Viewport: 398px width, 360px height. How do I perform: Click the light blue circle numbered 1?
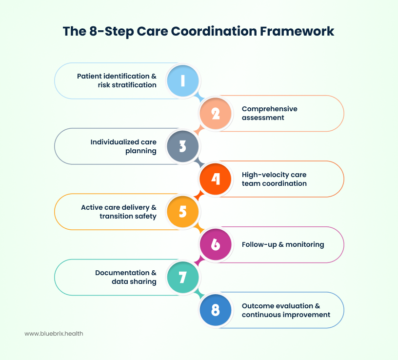pyautogui.click(x=183, y=80)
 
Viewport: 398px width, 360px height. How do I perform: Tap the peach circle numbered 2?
pyautogui.click(x=216, y=113)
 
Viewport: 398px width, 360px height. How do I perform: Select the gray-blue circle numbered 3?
pyautogui.click(x=183, y=146)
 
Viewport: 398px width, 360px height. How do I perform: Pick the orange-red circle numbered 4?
pyautogui.click(x=216, y=179)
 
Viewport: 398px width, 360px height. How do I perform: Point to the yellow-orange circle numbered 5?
pyautogui.click(x=183, y=212)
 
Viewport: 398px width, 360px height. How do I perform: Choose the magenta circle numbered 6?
pyautogui.click(x=216, y=244)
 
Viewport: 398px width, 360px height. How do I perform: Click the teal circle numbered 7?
pyautogui.click(x=183, y=277)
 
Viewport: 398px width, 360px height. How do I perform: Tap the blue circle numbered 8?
pyautogui.click(x=216, y=310)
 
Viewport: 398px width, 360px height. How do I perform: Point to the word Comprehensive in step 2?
pyautogui.click(x=269, y=109)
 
